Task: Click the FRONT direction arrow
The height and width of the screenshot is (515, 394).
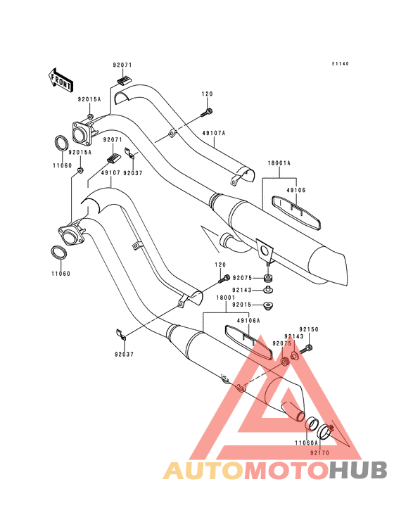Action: pos(61,80)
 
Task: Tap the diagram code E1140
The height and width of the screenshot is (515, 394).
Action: pos(340,64)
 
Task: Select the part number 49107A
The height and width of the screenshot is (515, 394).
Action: pos(214,133)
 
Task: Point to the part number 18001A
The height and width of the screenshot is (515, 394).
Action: pos(279,163)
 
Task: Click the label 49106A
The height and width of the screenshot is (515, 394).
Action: pos(248,321)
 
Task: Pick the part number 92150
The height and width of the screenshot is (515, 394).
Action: pos(309,329)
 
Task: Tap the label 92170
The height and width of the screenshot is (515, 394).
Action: pos(319,453)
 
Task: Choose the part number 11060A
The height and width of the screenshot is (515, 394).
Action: pos(306,443)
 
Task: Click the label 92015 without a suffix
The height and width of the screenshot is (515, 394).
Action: pos(241,305)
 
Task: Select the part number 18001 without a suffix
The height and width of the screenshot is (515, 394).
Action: pos(226,298)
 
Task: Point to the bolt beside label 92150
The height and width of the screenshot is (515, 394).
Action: pos(306,349)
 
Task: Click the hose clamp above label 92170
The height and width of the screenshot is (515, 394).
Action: pos(325,431)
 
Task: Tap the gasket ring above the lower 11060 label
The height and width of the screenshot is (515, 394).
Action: pos(59,252)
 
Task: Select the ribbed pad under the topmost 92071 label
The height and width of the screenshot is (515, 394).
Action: pos(124,80)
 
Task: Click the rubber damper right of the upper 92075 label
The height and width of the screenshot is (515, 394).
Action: pos(269,279)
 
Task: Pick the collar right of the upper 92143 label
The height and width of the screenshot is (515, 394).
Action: pos(269,290)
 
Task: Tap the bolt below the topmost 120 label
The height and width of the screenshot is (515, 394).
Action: pos(206,113)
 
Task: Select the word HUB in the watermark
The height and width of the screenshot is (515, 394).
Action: pos(358,470)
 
